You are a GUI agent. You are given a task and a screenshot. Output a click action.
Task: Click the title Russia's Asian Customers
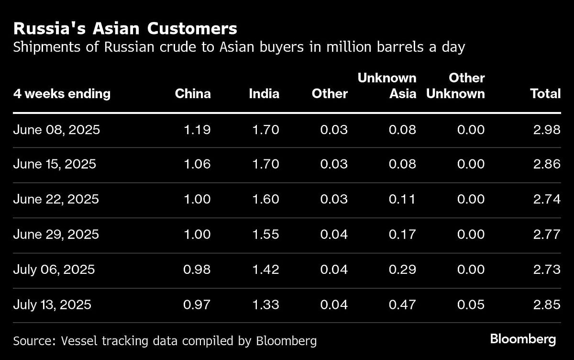(125, 29)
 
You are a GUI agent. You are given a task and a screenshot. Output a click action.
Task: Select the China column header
(193, 93)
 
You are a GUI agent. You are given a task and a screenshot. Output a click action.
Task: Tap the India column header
(264, 93)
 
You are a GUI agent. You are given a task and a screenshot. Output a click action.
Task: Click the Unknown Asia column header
(387, 86)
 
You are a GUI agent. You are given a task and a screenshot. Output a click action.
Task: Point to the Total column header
(545, 93)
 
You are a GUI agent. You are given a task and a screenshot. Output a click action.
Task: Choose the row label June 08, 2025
(56, 129)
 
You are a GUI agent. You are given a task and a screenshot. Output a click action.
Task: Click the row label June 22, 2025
(56, 199)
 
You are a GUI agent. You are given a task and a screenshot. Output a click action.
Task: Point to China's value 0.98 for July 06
(198, 269)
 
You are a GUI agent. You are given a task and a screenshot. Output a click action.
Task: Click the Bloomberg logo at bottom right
(523, 339)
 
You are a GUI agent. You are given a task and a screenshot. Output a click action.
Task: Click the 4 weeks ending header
(62, 93)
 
